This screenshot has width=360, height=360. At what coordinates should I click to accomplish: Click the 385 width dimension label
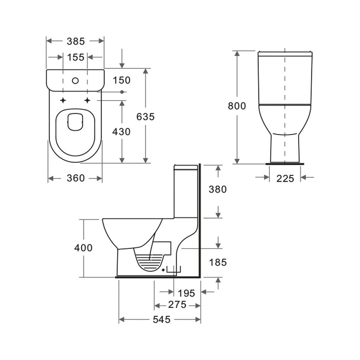tap(76, 41)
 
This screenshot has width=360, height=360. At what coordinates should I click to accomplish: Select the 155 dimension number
tap(76, 57)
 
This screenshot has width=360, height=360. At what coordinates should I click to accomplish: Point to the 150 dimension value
tap(122, 80)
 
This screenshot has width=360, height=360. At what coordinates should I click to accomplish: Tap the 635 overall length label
tap(145, 117)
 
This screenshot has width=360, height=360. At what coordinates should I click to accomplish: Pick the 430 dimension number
tap(121, 131)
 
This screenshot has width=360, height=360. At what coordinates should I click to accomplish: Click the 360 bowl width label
tap(76, 178)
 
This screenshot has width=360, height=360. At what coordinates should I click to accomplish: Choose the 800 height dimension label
tap(237, 106)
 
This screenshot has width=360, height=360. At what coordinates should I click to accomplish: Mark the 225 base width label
tap(285, 179)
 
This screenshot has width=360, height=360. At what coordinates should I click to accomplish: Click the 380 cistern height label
tap(217, 189)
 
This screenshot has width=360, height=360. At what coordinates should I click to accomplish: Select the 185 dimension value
tap(218, 262)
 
